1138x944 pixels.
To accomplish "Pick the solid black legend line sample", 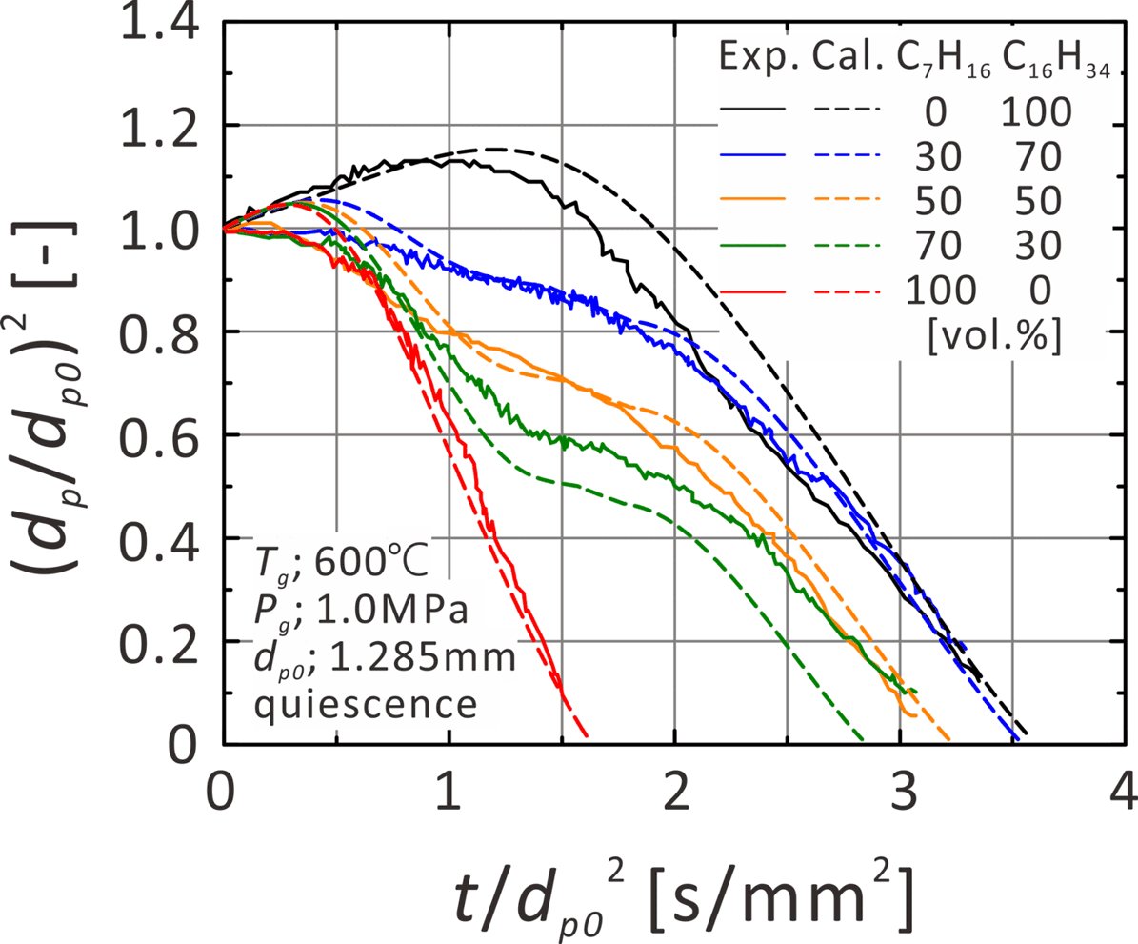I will pos(751,113).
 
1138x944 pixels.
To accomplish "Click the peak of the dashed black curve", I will pos(493,149).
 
